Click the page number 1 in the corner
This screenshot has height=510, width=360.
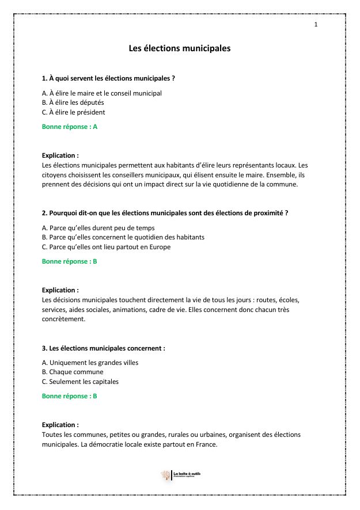pos(316,24)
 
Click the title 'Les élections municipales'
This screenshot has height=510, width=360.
pos(180,48)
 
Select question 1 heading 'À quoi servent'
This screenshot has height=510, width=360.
pos(108,78)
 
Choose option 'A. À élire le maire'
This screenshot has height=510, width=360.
pos(102,93)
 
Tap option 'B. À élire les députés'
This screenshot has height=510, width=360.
pos(73,102)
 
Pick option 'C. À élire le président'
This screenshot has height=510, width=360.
pos(74,112)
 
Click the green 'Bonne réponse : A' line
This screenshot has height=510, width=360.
pos(70,127)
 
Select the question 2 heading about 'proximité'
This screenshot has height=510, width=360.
pos(165,213)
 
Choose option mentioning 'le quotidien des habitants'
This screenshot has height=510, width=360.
pos(123,237)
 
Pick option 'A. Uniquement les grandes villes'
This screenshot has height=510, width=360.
pos(90,363)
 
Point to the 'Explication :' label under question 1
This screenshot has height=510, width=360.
pos(60,155)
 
